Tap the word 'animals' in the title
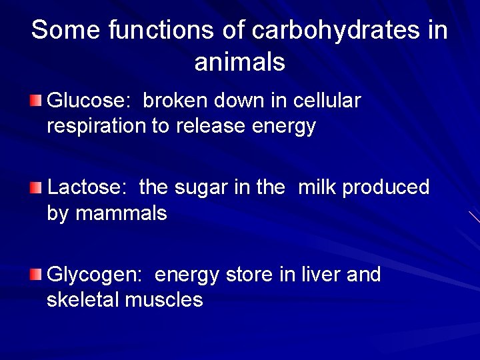point(240,62)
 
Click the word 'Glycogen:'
point(97,275)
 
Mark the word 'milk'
point(318,188)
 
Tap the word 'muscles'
point(165,300)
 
